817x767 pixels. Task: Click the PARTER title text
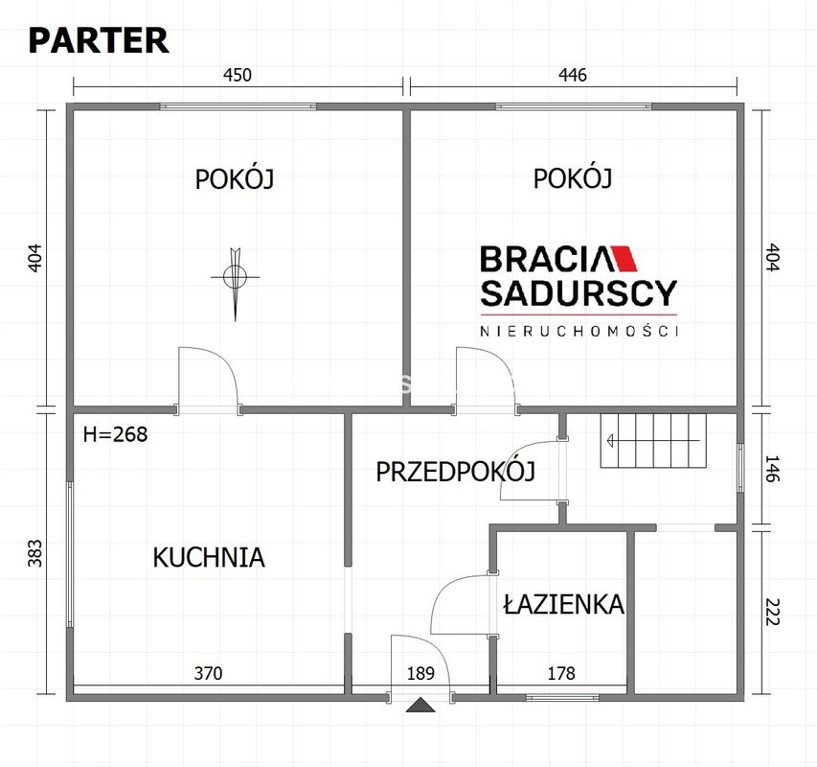[x=99, y=40]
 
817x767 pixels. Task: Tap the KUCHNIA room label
[x=209, y=557]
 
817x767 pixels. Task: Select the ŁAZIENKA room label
[x=564, y=604]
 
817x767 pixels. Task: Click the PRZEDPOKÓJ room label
[x=455, y=471]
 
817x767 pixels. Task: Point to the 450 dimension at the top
[x=238, y=75]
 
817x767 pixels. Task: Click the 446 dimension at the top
[x=573, y=75]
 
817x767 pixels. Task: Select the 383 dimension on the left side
[x=34, y=552]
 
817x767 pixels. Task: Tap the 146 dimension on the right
[x=772, y=468]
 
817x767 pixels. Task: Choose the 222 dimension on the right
[x=772, y=612]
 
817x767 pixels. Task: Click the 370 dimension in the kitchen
[x=208, y=673]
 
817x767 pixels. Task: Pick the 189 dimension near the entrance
[x=420, y=673]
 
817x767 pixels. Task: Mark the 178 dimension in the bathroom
[x=561, y=673]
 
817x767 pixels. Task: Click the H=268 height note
[x=115, y=433]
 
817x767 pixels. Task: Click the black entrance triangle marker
[x=420, y=705]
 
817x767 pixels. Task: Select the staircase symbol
[x=653, y=441]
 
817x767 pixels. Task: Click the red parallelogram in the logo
[x=624, y=258]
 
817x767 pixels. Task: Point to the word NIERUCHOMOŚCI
[x=579, y=331]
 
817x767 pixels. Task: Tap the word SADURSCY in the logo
[x=579, y=293]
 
